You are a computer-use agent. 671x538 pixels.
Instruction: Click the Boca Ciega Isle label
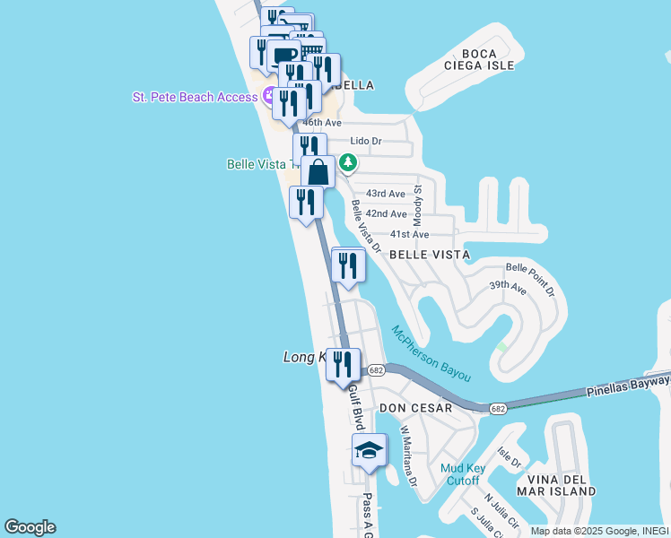coord(479,59)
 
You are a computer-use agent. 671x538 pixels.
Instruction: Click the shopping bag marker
coord(318,170)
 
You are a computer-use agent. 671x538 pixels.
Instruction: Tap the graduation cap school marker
coord(368,451)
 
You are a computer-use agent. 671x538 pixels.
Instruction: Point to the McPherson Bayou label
coord(431,352)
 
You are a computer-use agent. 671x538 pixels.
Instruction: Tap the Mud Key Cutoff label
coord(463,474)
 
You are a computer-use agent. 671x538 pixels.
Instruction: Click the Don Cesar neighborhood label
coord(415,407)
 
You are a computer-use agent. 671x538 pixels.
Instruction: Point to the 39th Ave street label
coord(507,287)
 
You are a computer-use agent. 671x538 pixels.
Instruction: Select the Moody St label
coord(418,206)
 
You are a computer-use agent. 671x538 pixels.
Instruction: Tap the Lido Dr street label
coord(366,141)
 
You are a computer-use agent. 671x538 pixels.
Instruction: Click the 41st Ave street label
coord(410,234)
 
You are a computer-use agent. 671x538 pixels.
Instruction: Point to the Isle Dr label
coord(509,459)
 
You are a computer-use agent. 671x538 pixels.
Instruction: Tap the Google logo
coord(30,527)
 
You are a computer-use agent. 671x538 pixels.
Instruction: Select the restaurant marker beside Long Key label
coord(343,364)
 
